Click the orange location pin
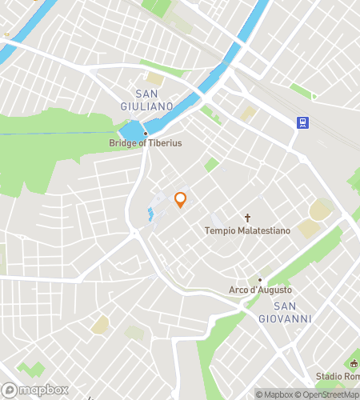180,200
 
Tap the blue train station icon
303,122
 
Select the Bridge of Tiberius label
146,143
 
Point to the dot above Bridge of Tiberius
146,133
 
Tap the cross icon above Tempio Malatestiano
248,218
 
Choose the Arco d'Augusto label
260,290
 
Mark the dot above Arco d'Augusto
259,280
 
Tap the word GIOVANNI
285,318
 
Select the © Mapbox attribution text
274,394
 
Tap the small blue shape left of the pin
150,214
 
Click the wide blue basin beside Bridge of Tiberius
130,130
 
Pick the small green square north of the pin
211,165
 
